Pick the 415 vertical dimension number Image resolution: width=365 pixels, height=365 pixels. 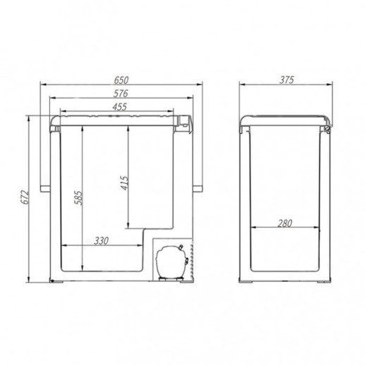[123, 185]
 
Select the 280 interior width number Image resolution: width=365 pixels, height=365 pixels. [285, 223]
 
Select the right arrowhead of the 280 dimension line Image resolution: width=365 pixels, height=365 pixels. [320, 228]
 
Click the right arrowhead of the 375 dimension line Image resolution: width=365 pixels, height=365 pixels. [334, 86]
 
